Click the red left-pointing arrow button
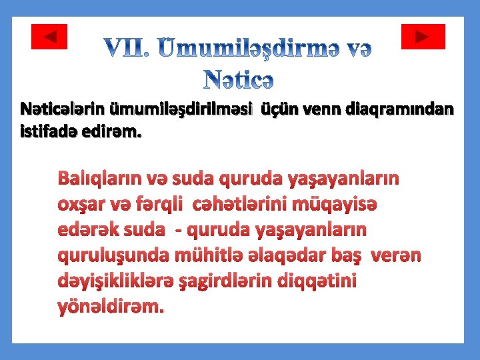[49, 37]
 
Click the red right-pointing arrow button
[423, 37]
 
